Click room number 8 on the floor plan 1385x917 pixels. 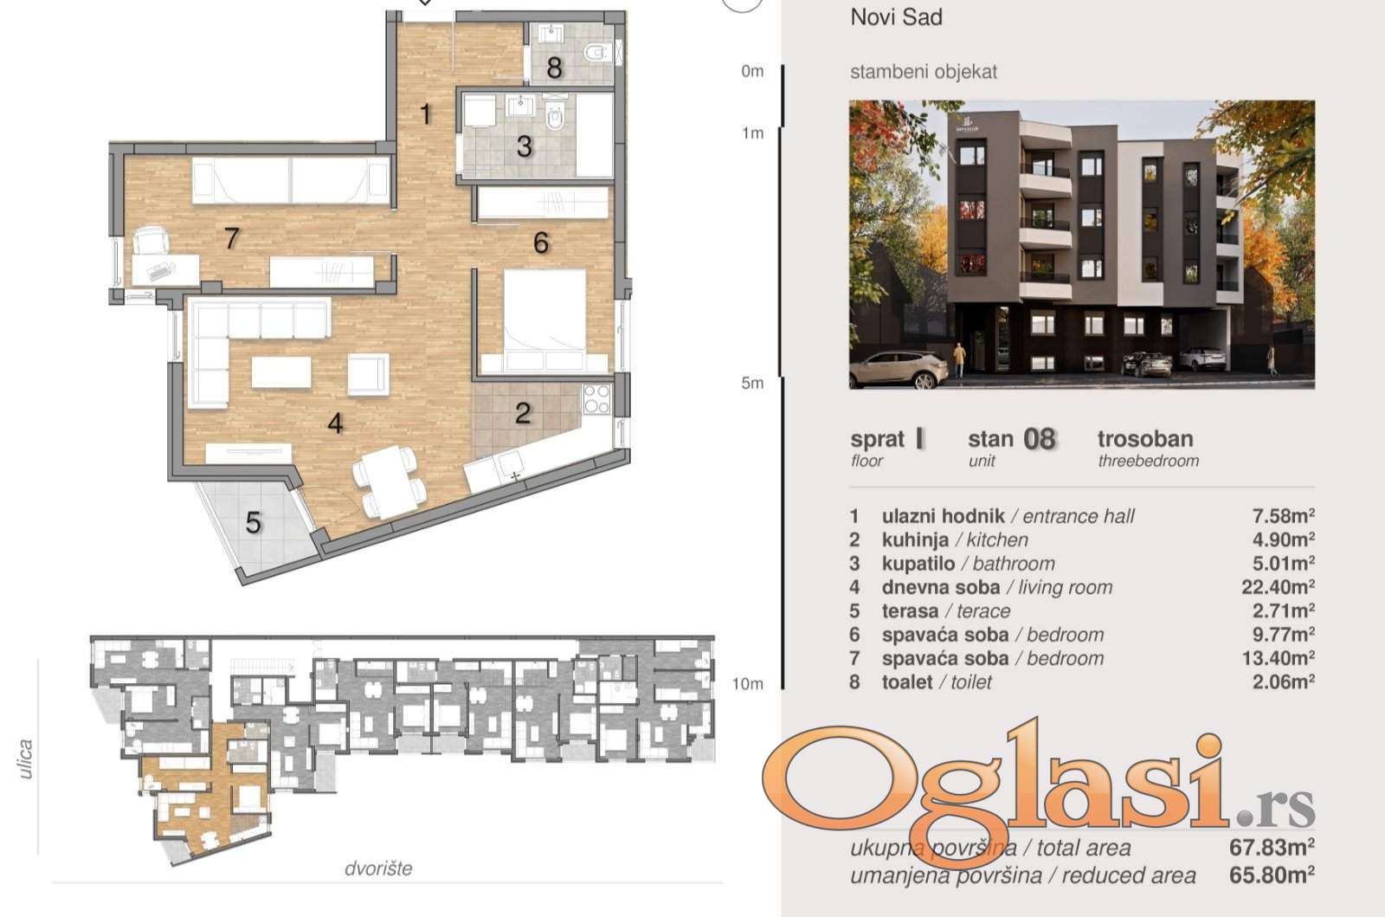[555, 68]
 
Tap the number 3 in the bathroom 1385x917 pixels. [525, 146]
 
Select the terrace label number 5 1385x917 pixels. [254, 523]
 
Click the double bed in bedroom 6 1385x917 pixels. [544, 320]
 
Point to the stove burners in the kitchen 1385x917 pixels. [596, 399]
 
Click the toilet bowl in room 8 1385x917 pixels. [594, 53]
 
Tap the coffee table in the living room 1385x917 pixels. [281, 372]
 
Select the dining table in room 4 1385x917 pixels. [388, 481]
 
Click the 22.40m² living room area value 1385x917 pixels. [1278, 586]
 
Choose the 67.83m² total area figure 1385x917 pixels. [1272, 847]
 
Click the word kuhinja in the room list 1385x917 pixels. [915, 539]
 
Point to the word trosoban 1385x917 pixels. [1145, 438]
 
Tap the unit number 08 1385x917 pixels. [1040, 439]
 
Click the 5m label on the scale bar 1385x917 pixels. [752, 383]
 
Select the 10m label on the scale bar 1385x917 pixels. [748, 684]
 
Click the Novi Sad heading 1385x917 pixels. [896, 17]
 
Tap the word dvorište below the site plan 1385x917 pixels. [378, 869]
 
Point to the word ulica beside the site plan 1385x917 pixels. [25, 759]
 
